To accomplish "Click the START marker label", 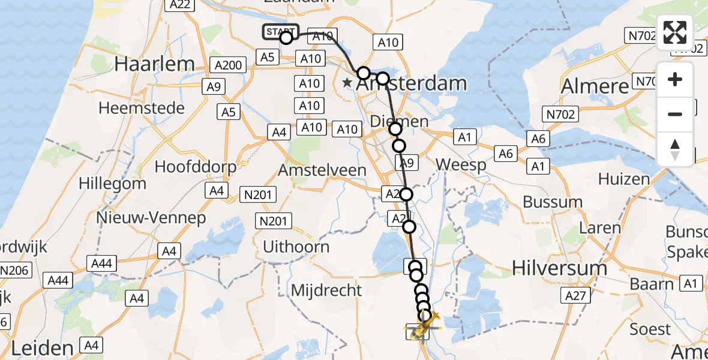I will click(x=280, y=31).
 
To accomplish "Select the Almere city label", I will click(x=594, y=86).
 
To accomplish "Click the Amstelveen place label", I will click(x=322, y=170).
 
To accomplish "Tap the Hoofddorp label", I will click(x=196, y=166).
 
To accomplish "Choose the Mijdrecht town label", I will click(x=326, y=290).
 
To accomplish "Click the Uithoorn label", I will click(x=296, y=247).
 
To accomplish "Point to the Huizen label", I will click(x=624, y=179).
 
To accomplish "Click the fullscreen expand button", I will click(x=675, y=32).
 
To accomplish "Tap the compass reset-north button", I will click(x=675, y=149).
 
